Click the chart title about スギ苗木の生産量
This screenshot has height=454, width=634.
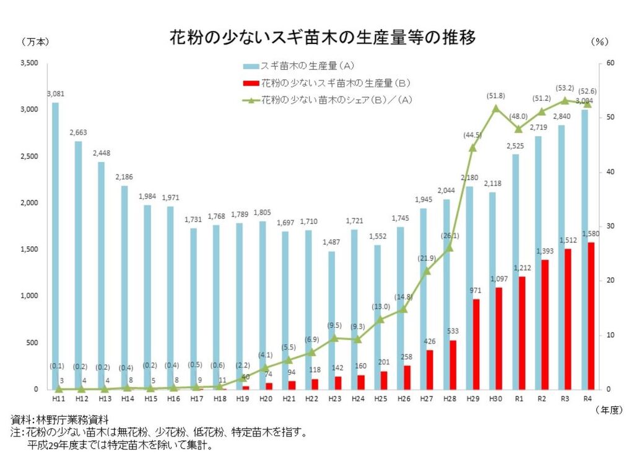[323, 38]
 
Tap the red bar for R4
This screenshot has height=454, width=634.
[591, 315]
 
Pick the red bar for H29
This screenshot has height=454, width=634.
[476, 344]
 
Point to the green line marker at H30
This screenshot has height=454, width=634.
[495, 108]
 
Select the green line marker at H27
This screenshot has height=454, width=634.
[427, 271]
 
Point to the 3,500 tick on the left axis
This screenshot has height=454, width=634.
[29, 63]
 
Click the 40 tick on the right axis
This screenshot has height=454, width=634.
[609, 172]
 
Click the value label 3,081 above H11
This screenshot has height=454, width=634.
[56, 94]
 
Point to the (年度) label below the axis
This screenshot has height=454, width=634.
[609, 410]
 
